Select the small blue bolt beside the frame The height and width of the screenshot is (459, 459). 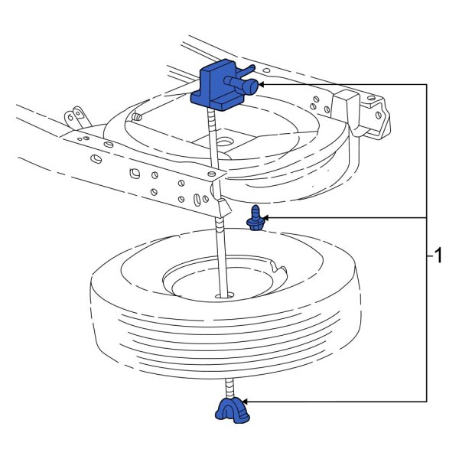coord(255,220)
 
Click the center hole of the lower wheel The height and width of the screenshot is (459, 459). coord(223,294)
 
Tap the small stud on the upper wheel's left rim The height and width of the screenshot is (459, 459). coord(137,118)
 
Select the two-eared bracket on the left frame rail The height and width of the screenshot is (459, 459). coord(74,118)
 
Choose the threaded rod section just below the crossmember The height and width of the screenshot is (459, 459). coord(221,226)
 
